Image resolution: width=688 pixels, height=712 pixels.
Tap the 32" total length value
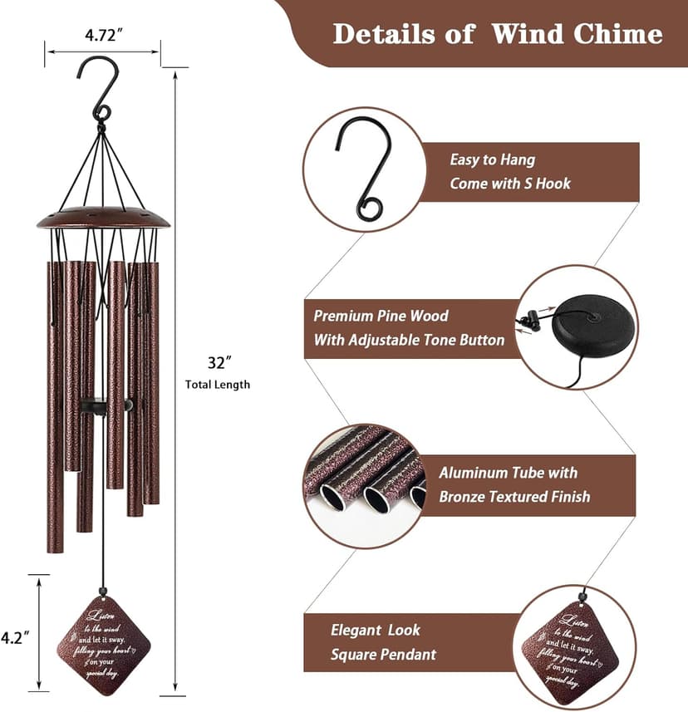click(x=217, y=362)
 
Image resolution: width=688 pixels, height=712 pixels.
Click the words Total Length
click(x=217, y=385)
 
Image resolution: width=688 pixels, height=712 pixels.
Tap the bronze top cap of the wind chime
click(x=103, y=219)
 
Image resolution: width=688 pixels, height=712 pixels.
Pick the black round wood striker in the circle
click(x=595, y=325)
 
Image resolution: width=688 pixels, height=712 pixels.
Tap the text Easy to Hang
click(x=492, y=160)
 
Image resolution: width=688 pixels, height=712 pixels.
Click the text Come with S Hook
click(x=510, y=184)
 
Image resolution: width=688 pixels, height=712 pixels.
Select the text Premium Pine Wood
click(x=381, y=316)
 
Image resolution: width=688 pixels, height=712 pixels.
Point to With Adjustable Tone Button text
click(x=408, y=340)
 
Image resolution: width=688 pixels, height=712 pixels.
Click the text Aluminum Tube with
click(x=508, y=473)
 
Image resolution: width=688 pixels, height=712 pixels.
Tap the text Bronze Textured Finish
click(x=514, y=497)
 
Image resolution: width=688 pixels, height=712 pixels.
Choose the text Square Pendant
click(x=383, y=655)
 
